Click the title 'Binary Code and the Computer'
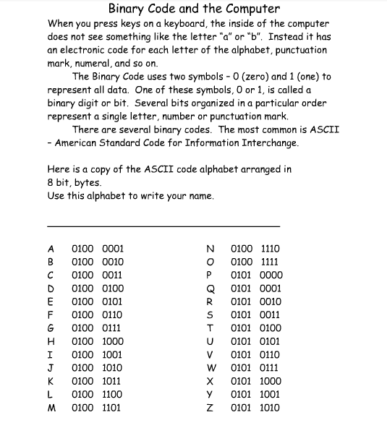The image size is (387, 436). pos(193,9)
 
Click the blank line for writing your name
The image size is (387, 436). pos(163,226)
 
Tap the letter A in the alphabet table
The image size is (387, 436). pos(51,248)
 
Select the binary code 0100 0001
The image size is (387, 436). pos(98,248)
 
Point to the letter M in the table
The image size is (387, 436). pos(51,408)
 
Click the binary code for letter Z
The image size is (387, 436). pos(255,408)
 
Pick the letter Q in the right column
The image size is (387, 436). pos(209,288)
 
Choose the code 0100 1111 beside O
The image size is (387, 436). pos(255,262)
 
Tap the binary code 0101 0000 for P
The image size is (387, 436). pos(255,275)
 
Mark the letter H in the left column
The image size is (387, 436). pos(51,341)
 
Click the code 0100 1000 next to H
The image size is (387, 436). pos(98,341)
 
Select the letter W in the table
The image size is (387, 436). pos(209,368)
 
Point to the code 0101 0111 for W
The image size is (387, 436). pos(255,368)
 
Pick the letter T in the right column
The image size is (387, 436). pos(209,328)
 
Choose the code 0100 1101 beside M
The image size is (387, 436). pos(98,408)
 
